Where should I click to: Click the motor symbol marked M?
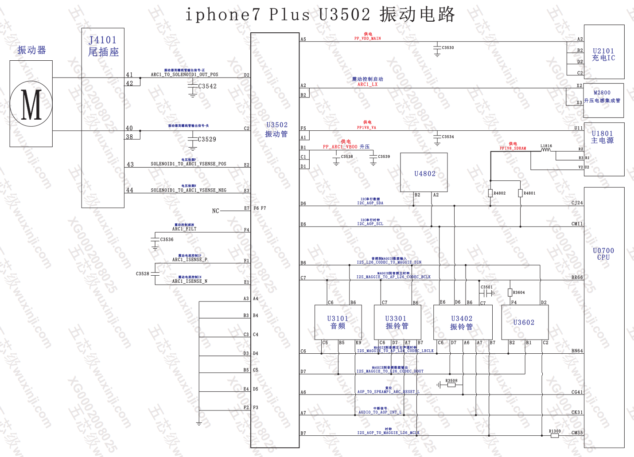(x=31, y=105)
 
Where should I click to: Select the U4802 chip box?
(x=424, y=173)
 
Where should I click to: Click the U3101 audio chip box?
(x=338, y=322)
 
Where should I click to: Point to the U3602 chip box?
(x=525, y=322)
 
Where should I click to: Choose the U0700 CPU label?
(x=603, y=254)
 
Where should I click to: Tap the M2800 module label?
(x=602, y=93)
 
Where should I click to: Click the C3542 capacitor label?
(x=207, y=86)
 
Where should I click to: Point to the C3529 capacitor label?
(x=207, y=139)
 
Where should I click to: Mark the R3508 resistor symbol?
(x=451, y=385)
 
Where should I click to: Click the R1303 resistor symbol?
(x=555, y=436)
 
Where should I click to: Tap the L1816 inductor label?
(x=546, y=146)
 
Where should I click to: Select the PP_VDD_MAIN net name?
(x=368, y=39)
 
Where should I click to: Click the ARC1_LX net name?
(x=368, y=84)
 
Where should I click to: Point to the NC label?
(x=215, y=211)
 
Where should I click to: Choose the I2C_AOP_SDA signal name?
(x=370, y=203)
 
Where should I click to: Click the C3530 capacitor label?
(x=448, y=47)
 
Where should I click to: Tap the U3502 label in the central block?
(x=277, y=125)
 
